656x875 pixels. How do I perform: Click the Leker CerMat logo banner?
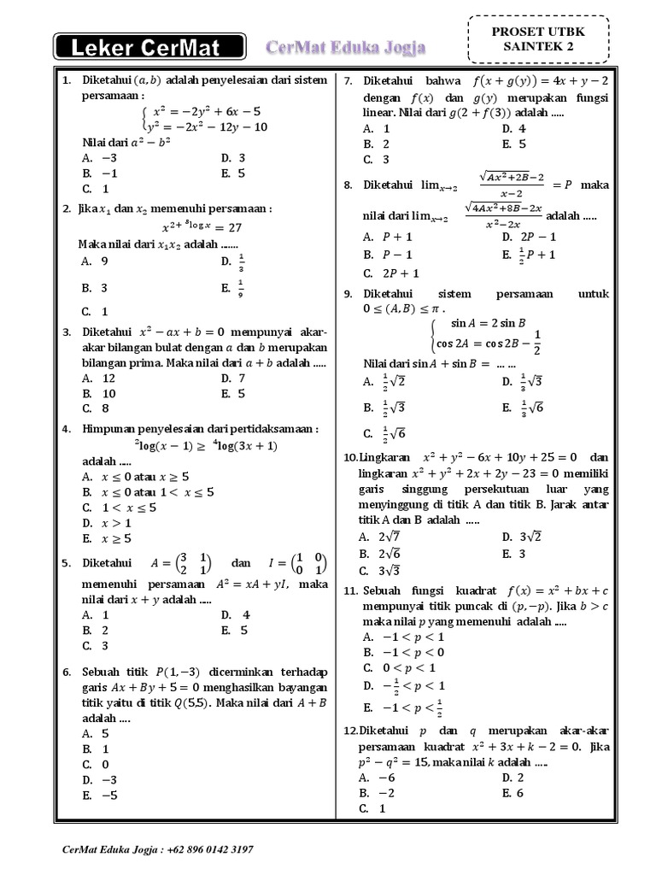(149, 47)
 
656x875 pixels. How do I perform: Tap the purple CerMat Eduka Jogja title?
(346, 47)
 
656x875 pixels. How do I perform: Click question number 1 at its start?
(66, 80)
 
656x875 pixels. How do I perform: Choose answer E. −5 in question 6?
(96, 795)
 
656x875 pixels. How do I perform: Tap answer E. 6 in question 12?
(514, 792)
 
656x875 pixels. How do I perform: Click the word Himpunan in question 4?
(108, 428)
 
